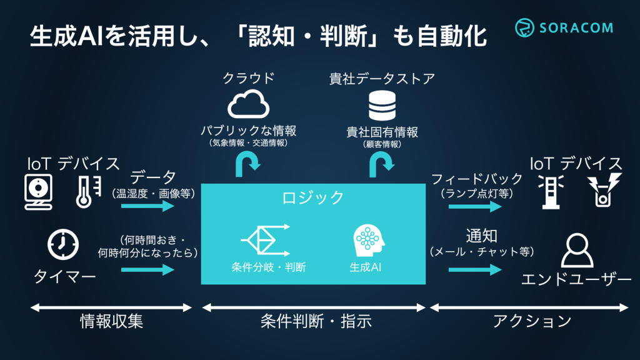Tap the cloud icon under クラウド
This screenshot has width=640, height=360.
248,106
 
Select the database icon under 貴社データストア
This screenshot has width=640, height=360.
382,106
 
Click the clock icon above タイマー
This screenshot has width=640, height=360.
63,244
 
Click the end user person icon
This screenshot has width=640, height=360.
576,251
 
